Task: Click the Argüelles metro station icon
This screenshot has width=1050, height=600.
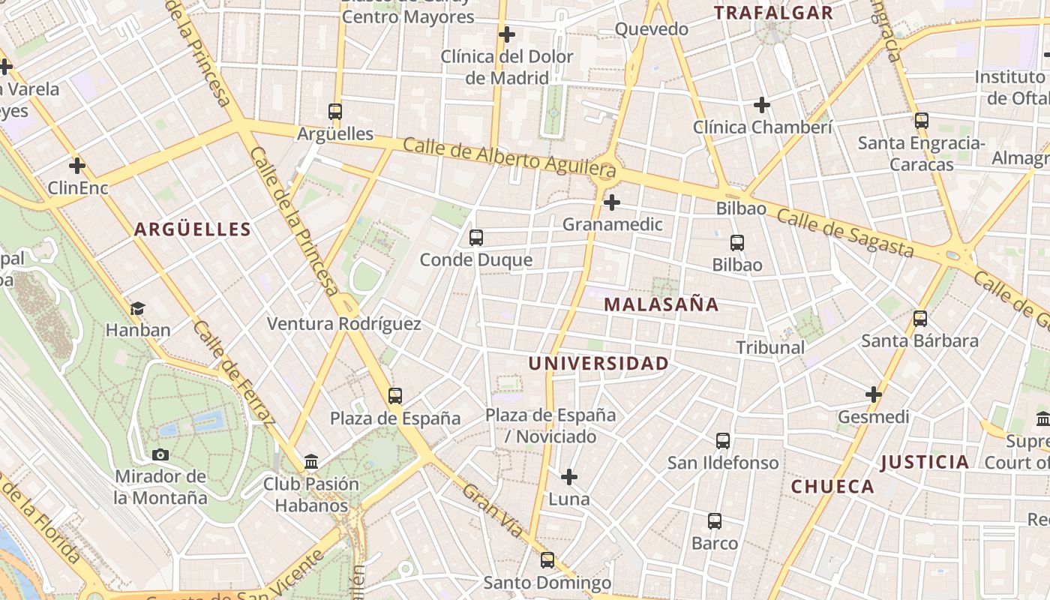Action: tap(335, 112)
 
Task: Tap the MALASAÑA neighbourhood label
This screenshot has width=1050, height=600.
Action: tap(661, 304)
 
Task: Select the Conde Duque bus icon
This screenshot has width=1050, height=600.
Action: tap(475, 238)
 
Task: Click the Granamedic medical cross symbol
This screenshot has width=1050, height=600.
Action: tap(612, 202)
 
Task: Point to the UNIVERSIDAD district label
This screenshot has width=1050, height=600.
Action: tap(598, 364)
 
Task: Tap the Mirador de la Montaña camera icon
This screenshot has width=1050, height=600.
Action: tap(160, 454)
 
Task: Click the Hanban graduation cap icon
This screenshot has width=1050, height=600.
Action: tap(137, 308)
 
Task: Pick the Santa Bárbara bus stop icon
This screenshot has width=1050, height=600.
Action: tap(920, 319)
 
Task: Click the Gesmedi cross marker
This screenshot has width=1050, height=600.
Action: tap(874, 394)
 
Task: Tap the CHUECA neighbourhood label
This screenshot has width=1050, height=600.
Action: tap(832, 487)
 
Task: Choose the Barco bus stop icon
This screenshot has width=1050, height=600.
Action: tap(715, 521)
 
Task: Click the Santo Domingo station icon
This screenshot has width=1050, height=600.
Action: tap(547, 560)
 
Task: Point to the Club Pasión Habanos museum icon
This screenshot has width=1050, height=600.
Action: tap(311, 462)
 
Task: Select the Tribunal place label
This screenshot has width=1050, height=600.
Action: tap(770, 347)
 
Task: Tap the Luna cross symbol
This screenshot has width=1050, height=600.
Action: tap(569, 477)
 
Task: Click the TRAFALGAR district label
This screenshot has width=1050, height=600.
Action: tap(772, 13)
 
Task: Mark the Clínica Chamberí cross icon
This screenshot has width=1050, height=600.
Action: tap(762, 105)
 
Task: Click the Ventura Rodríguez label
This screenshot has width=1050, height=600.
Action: tap(344, 324)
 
